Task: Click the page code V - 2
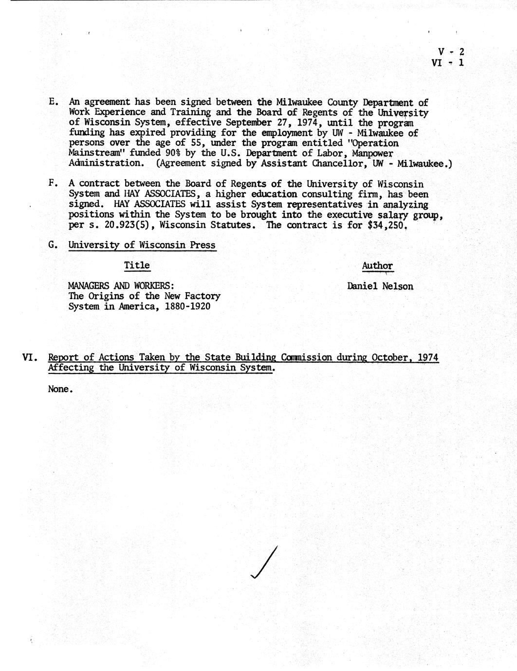pos(451,52)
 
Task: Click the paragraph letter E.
pos(53,102)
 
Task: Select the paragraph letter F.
pos(53,184)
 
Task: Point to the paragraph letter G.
pos(53,245)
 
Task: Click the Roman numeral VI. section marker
pos(31,358)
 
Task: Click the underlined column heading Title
pos(137,265)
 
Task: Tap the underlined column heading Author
pos(377,265)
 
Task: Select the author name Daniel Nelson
pos(380,286)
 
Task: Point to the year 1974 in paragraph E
pos(307,123)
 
